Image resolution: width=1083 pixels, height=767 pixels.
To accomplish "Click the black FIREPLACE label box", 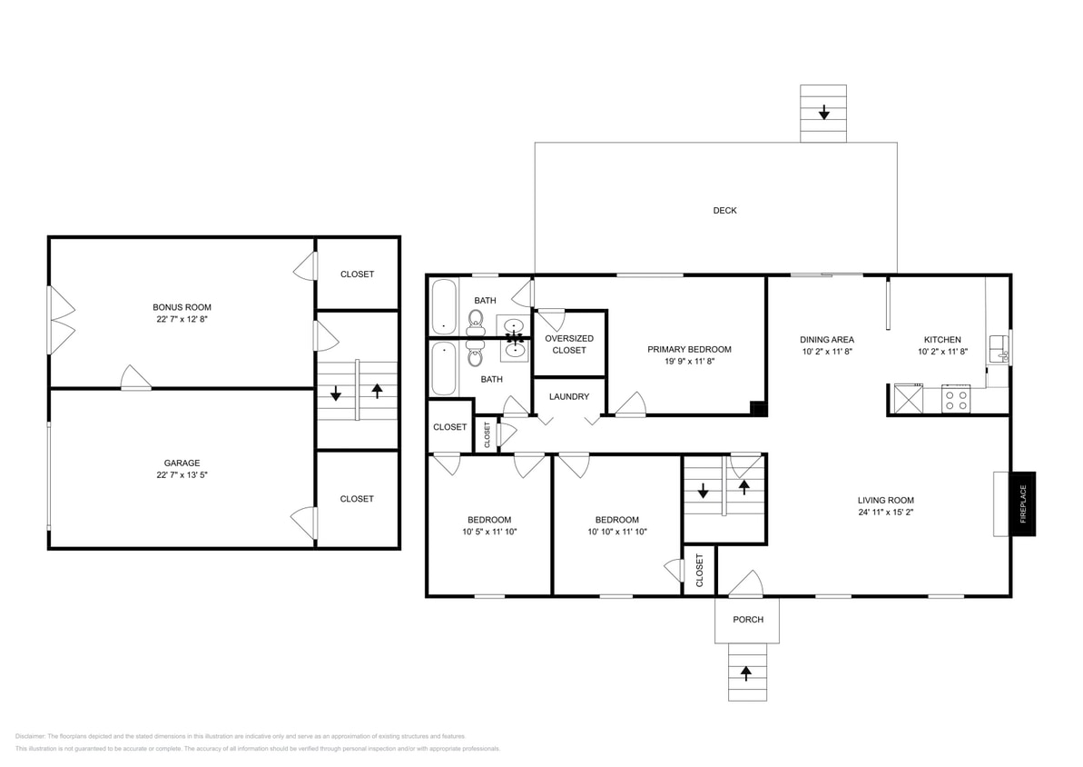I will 1023,503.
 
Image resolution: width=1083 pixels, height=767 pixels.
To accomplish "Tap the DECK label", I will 724,211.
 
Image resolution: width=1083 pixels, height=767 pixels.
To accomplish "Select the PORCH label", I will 748,620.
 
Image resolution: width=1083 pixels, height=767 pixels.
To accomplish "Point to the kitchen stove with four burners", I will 956,399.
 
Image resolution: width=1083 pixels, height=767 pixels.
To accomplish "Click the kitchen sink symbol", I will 999,347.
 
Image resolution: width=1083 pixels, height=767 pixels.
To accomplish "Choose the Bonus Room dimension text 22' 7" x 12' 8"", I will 182,320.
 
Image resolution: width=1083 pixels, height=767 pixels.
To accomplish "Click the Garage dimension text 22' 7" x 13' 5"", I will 182,475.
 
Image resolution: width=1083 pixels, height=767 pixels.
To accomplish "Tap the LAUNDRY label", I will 569,397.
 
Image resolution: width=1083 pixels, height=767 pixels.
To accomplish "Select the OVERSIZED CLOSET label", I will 569,344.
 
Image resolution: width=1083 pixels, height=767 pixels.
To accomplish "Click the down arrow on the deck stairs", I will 823,113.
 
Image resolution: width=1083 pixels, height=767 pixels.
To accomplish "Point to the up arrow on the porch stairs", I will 747,673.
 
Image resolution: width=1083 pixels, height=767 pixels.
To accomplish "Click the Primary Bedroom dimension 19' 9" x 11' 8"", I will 689,362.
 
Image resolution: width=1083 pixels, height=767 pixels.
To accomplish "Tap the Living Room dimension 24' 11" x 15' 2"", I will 885,513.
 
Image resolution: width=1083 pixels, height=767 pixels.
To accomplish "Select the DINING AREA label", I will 826,340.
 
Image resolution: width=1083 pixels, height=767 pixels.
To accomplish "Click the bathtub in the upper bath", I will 443,306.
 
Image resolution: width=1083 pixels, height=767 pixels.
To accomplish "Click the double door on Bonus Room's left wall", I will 60,320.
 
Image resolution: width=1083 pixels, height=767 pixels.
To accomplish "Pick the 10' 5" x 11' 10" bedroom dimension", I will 489,533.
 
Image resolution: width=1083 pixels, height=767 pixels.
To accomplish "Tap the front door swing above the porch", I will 746,583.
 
